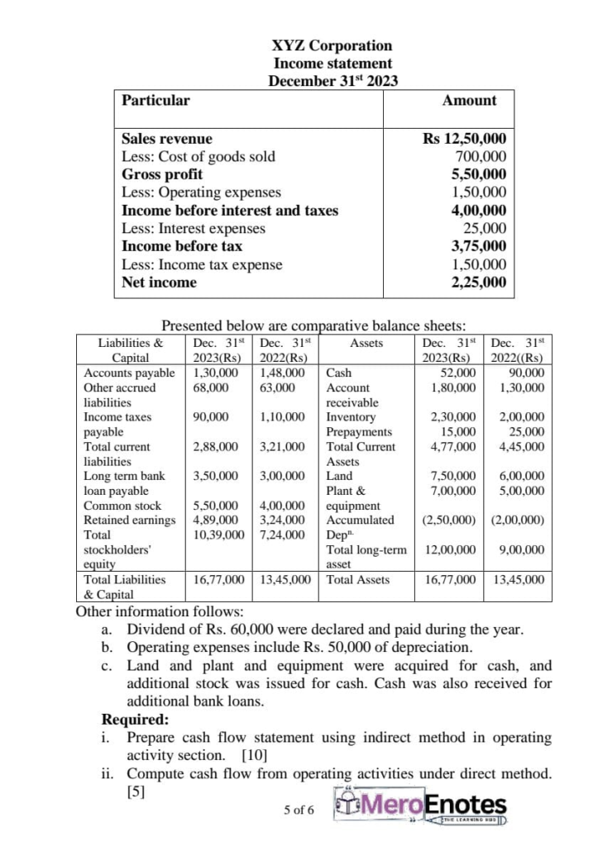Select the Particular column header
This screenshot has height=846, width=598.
155,101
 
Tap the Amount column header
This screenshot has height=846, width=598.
469,101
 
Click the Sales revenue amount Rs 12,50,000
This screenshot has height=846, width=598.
464,139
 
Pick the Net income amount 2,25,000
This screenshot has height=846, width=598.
478,283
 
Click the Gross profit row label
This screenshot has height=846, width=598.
162,174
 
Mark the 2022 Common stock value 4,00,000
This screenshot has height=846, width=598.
282,505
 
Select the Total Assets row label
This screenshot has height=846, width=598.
357,580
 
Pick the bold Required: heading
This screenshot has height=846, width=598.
134,719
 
